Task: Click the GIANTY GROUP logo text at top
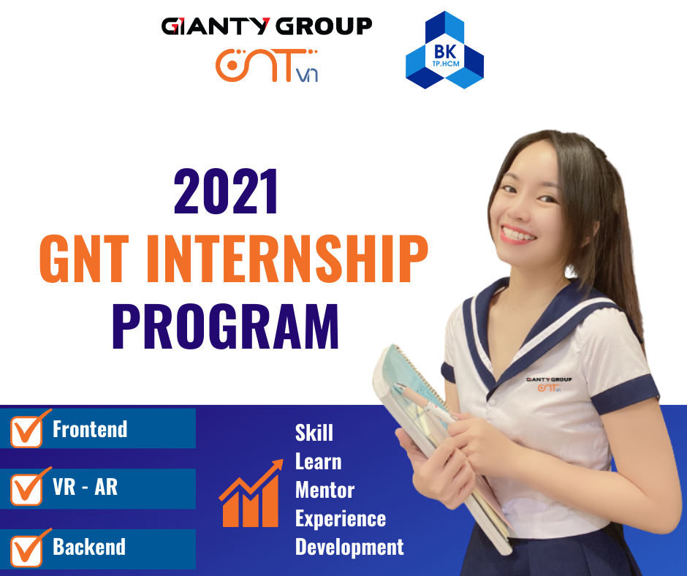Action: click(x=266, y=27)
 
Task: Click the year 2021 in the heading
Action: click(x=227, y=192)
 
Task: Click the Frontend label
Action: click(x=90, y=429)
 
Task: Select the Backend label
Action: click(x=88, y=547)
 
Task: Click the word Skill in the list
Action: click(x=314, y=433)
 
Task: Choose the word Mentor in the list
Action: click(x=324, y=490)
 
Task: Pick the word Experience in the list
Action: click(x=340, y=518)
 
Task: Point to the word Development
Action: click(x=349, y=547)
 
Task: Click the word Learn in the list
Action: click(x=318, y=461)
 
